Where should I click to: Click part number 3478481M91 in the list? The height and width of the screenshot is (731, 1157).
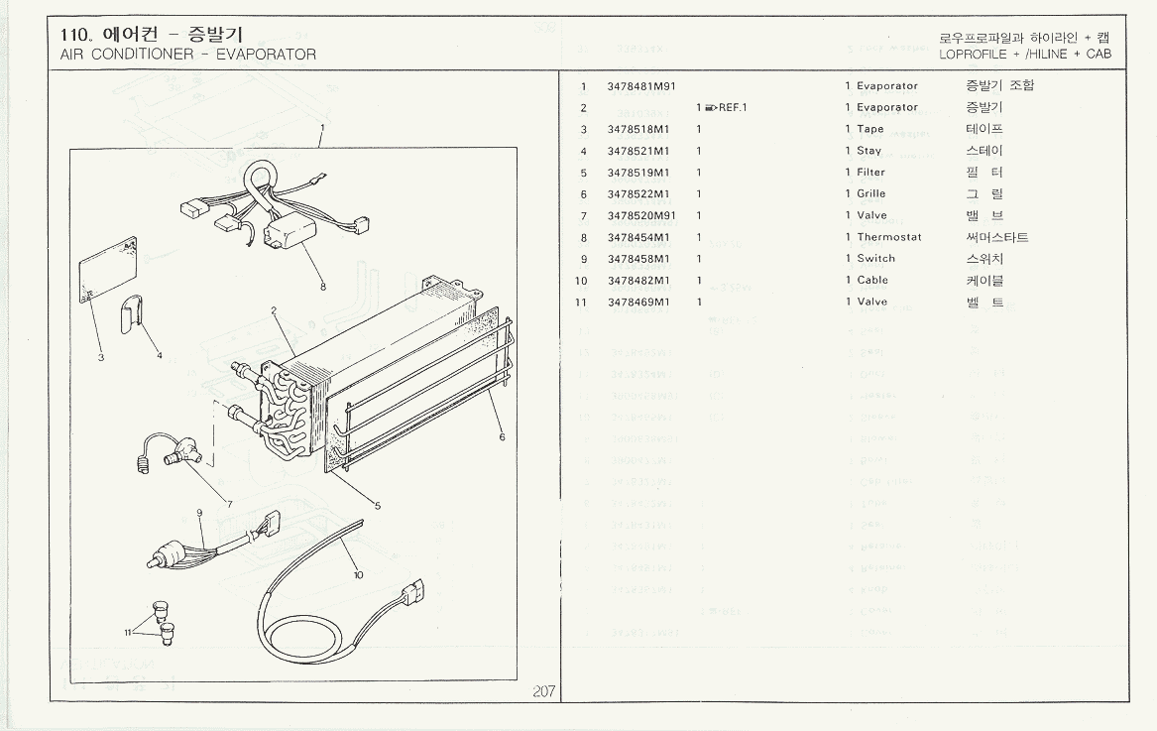pyautogui.click(x=641, y=86)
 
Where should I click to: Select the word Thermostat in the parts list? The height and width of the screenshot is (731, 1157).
pyautogui.click(x=888, y=237)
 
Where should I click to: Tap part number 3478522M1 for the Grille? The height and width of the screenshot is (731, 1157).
pyautogui.click(x=638, y=194)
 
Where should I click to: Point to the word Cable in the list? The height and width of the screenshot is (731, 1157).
pyautogui.click(x=872, y=281)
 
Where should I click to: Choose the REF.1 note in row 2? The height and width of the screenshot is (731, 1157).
pyautogui.click(x=725, y=108)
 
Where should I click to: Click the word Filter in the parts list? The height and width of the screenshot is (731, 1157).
pyautogui.click(x=870, y=173)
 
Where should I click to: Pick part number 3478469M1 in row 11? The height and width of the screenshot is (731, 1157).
pyautogui.click(x=638, y=303)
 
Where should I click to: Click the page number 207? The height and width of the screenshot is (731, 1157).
pyautogui.click(x=543, y=691)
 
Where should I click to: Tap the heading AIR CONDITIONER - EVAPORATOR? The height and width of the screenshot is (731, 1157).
pyautogui.click(x=188, y=55)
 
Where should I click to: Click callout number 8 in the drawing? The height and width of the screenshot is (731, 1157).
pyautogui.click(x=323, y=288)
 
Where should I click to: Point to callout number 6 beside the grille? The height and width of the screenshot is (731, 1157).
pyautogui.click(x=502, y=437)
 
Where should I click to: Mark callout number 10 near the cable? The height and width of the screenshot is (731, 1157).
pyautogui.click(x=358, y=574)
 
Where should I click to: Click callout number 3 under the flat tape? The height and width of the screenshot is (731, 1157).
pyautogui.click(x=100, y=358)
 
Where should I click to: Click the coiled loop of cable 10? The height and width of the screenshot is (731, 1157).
pyautogui.click(x=297, y=625)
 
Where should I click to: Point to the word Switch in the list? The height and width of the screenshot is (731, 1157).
pyautogui.click(x=875, y=259)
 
